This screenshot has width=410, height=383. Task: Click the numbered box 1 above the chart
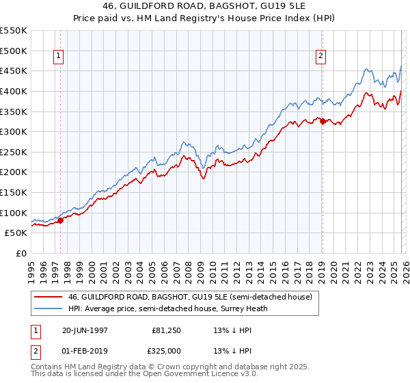pyautogui.click(x=60, y=57)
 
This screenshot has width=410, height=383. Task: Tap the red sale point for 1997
pyautogui.click(x=60, y=220)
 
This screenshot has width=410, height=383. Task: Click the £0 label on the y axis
pyautogui.click(x=21, y=253)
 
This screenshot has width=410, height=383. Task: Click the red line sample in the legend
pyautogui.click(x=48, y=298)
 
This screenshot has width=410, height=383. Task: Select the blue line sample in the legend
pyautogui.click(x=48, y=308)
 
